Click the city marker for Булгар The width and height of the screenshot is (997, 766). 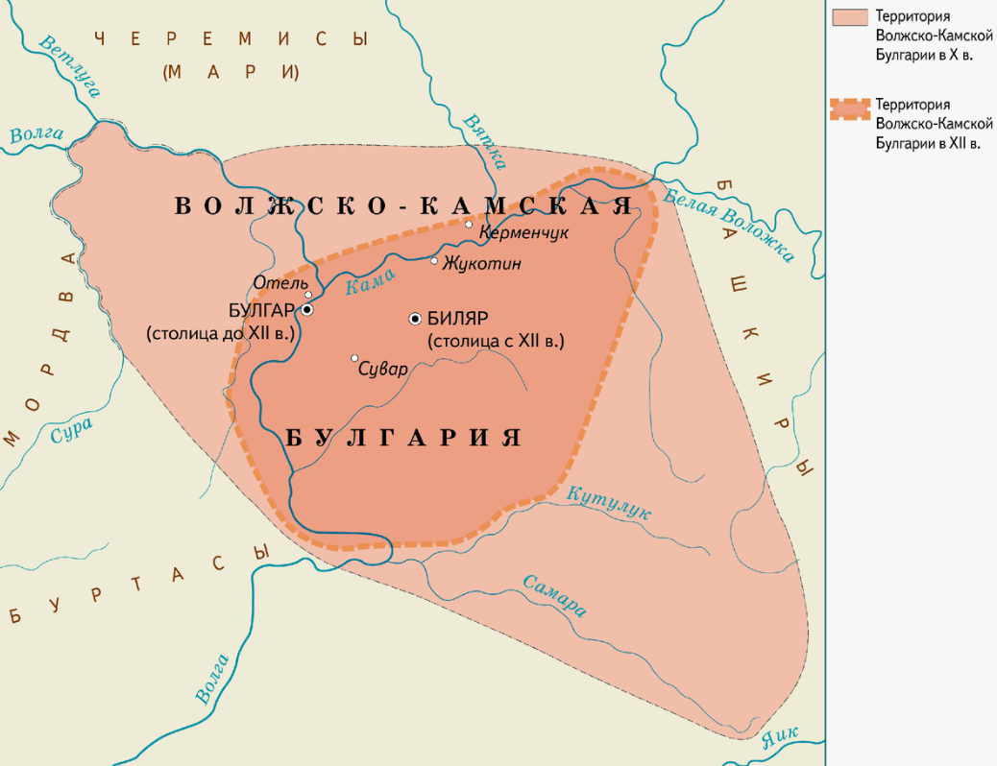pyautogui.click(x=306, y=310)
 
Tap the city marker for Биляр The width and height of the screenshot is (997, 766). pyautogui.click(x=415, y=318)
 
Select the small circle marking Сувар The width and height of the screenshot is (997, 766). pyautogui.click(x=354, y=358)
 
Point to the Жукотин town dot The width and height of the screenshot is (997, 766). pyautogui.click(x=434, y=260)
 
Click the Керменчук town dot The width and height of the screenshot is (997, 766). pyautogui.click(x=469, y=225)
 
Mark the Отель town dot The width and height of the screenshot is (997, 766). pyautogui.click(x=308, y=295)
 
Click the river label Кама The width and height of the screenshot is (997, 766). pyautogui.click(x=369, y=279)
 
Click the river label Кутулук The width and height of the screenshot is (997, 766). pyautogui.click(x=609, y=503)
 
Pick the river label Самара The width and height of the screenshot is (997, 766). pyautogui.click(x=554, y=596)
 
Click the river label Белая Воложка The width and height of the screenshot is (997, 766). pyautogui.click(x=729, y=222)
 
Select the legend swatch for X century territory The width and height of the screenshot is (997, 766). pyautogui.click(x=849, y=17)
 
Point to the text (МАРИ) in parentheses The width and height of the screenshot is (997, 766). pyautogui.click(x=231, y=72)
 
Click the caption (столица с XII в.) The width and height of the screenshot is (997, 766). pyautogui.click(x=495, y=341)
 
